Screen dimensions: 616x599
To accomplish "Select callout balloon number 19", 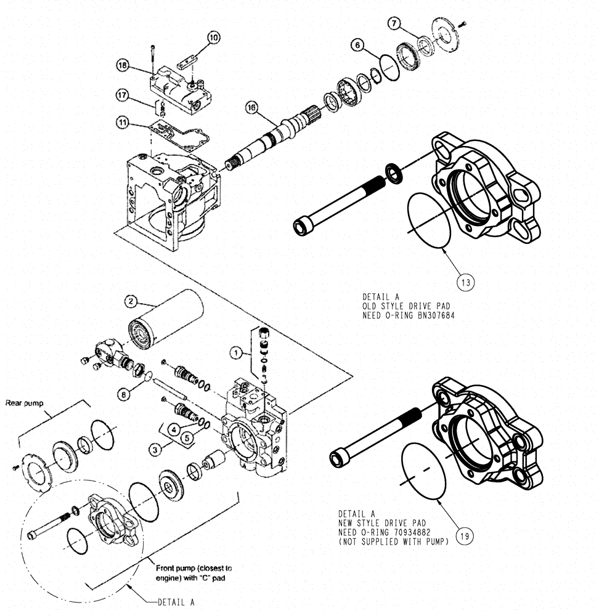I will pyautogui.click(x=466, y=536).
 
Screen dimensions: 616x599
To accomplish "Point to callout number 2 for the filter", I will pyautogui.click(x=130, y=301).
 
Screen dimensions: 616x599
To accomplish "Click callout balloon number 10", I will pyautogui.click(x=213, y=38).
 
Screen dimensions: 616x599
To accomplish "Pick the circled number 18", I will pyautogui.click(x=122, y=65).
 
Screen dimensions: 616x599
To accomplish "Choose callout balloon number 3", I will pyautogui.click(x=157, y=449).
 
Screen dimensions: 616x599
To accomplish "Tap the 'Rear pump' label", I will pyautogui.click(x=23, y=403).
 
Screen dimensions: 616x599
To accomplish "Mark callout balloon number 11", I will pyautogui.click(x=122, y=123).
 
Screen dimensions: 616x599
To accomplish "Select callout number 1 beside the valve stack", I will pyautogui.click(x=235, y=354).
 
